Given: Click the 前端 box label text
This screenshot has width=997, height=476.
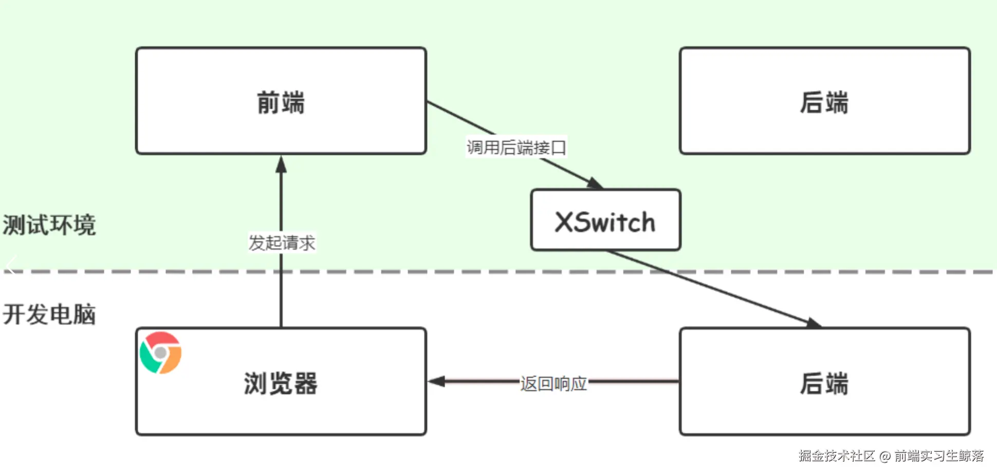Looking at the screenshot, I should pos(281,102).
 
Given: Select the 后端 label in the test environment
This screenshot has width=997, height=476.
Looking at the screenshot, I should pos(824,102).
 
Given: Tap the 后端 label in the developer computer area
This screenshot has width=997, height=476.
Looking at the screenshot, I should pos(824,383).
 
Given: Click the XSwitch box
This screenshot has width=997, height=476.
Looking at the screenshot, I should pos(605,221).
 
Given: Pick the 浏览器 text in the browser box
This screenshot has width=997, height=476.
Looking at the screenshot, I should pos(281,383).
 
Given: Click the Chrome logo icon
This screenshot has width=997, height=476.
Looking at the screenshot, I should pos(161,353).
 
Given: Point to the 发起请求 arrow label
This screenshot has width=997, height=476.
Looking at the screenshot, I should pos(282,243).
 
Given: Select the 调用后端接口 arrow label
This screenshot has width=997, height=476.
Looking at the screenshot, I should pos(516,148).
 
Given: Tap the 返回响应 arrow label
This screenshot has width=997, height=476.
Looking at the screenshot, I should pos(553,383).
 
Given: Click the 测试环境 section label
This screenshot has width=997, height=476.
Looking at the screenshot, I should pos(49,225).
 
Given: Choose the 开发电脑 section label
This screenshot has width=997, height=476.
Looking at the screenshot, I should pos(49,314).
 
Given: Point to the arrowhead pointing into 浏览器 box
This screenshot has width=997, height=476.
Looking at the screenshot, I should pos(436,381).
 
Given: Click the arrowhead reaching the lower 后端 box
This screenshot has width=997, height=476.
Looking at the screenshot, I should pos(814,323).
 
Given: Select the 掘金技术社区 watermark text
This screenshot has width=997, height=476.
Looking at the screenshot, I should pos(837,456).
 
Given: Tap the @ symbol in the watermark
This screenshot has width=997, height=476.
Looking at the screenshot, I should pos(884,456).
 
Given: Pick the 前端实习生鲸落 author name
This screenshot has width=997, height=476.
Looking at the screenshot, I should pos(938,456).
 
